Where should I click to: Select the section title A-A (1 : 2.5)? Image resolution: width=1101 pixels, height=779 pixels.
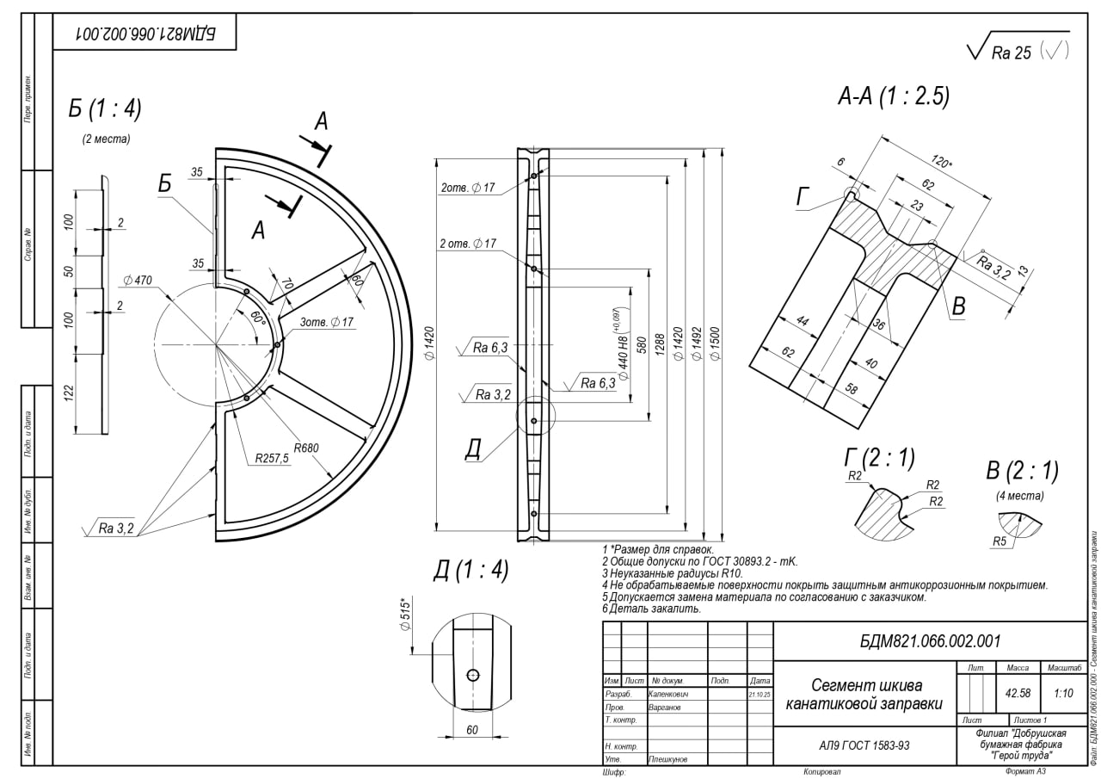tap(894, 97)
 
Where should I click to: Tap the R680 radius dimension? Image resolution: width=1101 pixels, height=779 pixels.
tap(306, 448)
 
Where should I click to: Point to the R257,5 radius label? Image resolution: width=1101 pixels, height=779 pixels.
tap(272, 459)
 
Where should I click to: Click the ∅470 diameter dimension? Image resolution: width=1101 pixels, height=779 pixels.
tap(138, 281)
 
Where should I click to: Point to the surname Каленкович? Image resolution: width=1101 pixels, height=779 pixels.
tap(674, 693)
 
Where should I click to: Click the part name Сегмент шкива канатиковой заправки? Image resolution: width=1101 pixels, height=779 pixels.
tap(864, 695)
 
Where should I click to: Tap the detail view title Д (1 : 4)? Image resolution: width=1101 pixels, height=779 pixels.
tap(471, 571)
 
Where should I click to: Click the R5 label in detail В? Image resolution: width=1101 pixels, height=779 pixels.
tap(1000, 541)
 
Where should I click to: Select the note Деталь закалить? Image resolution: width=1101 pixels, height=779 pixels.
tap(652, 609)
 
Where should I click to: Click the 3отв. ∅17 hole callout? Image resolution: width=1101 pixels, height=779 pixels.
tap(327, 322)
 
